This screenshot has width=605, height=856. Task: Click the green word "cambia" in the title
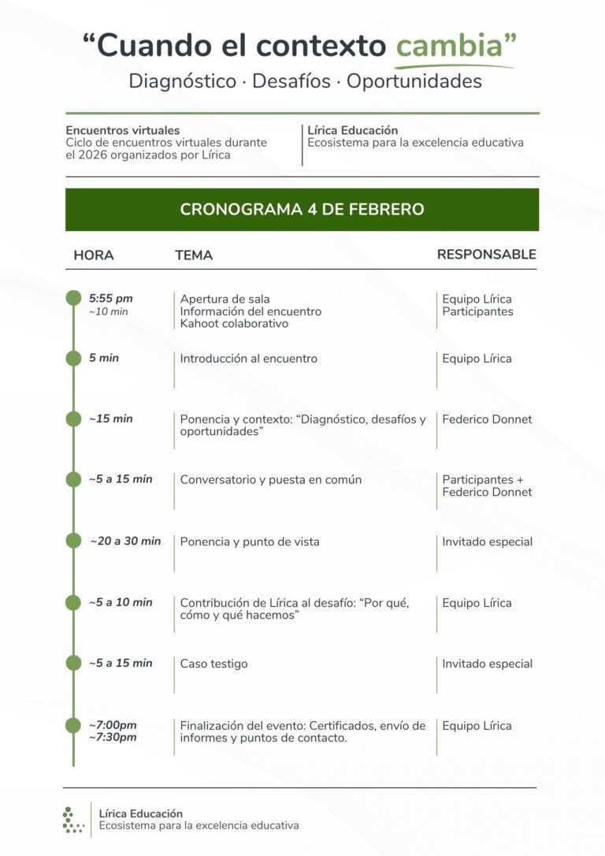coord(449,47)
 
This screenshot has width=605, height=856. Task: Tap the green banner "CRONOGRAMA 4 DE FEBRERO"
coord(302,210)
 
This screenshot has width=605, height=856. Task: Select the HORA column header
coord(94,255)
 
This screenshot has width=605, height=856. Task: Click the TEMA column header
coord(194,255)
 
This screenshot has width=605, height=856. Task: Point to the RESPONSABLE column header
coord(486,255)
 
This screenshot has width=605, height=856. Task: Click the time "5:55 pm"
coord(111,299)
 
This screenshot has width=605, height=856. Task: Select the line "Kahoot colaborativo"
coord(234,324)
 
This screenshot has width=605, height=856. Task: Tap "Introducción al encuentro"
coord(249,359)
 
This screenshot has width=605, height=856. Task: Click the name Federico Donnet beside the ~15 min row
coord(487,419)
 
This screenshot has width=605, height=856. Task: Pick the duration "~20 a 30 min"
coord(125,542)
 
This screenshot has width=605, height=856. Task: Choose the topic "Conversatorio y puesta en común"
coord(271,479)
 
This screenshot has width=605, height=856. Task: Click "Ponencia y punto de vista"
coord(250,542)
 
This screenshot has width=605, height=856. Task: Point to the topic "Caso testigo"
coord(213,664)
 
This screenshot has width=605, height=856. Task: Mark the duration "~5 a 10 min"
coord(121,602)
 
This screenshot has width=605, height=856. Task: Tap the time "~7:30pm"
coord(113,738)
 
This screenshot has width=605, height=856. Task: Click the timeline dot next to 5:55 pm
coord(73,297)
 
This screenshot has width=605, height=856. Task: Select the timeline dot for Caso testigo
coord(73,663)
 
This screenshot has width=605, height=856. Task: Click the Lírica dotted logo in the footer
coord(72,820)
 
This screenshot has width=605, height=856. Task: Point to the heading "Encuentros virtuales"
coord(123,130)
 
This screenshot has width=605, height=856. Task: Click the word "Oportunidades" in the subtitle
coord(414,81)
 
